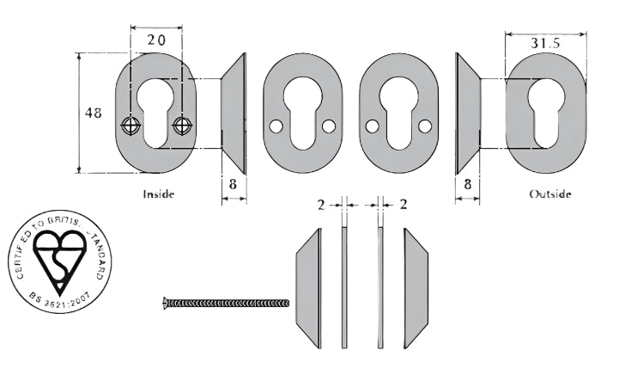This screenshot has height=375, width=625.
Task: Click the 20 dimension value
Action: coord(155,40)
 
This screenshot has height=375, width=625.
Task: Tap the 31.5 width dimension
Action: coord(545,42)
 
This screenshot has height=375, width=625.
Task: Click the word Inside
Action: coord(159,194)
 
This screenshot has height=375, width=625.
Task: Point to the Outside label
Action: coord(550,194)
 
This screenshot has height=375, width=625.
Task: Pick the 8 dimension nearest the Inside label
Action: coord(234,183)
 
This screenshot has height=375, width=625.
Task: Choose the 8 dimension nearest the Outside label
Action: coord(467,183)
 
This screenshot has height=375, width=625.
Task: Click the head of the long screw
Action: coord(166,302)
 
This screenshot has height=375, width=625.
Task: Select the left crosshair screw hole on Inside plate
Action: coord(130,126)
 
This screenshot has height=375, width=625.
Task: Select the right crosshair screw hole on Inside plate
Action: coord(180,126)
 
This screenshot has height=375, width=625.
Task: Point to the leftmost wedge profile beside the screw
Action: coord(308,287)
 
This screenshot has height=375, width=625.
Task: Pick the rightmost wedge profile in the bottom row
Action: coord(416,287)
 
